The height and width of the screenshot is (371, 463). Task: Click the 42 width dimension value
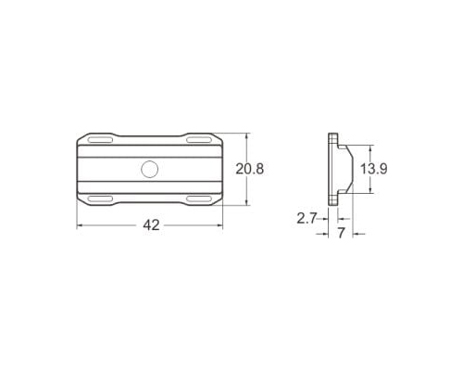point(151,225)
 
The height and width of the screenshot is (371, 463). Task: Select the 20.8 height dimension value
point(250,169)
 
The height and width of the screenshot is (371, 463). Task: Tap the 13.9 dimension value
point(374,169)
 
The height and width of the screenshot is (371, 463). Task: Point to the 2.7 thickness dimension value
point(307,219)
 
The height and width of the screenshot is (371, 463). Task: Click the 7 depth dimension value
point(341,234)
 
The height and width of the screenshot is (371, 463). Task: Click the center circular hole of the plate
point(150,169)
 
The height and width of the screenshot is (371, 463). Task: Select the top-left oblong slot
point(100,140)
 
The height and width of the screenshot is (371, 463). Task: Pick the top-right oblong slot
point(199,140)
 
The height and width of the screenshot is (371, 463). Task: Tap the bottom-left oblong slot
point(100,198)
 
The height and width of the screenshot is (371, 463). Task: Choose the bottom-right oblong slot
point(199,198)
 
